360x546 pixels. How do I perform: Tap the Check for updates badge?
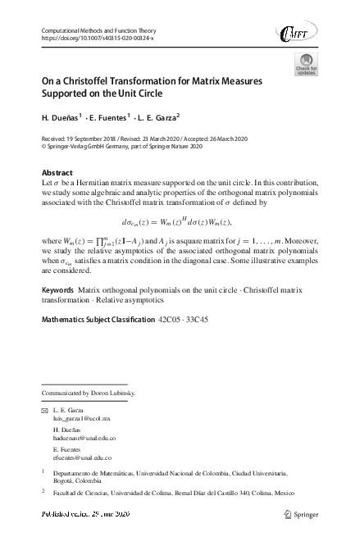pyautogui.click(x=306, y=65)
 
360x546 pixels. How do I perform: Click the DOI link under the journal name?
pyautogui.click(x=97, y=39)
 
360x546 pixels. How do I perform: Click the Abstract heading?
pyautogui.click(x=57, y=173)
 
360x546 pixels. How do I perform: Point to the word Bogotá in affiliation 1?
pyautogui.click(x=64, y=482)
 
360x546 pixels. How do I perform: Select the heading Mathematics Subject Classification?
pyautogui.click(x=98, y=317)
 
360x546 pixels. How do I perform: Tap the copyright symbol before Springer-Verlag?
pyautogui.click(x=44, y=148)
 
